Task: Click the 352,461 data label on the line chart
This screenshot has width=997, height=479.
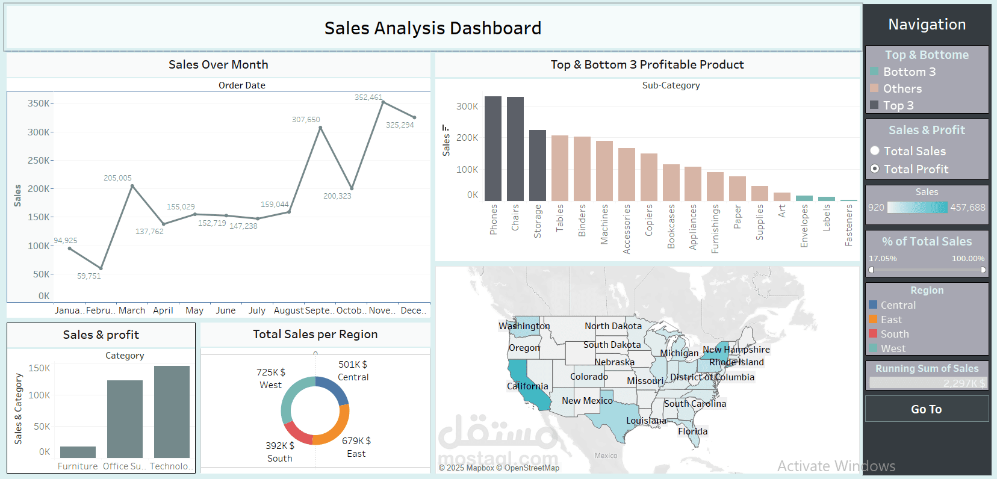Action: point(368,97)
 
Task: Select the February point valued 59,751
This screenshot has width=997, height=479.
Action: point(101,268)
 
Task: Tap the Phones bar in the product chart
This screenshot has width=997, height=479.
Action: point(493,149)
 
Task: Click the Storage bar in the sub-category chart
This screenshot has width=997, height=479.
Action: point(538,165)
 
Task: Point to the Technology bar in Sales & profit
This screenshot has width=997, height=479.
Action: point(172,412)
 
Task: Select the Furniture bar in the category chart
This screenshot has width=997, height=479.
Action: point(78,452)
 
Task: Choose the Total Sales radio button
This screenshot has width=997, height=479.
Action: point(875,151)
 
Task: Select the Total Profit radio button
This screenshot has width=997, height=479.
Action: point(875,169)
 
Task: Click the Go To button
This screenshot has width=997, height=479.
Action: point(927,409)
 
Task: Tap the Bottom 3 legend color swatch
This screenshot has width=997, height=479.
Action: point(874,72)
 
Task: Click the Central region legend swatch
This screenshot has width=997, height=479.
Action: point(873,305)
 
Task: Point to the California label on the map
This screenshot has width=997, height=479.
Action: point(527,386)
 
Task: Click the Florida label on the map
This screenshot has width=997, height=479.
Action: point(692,431)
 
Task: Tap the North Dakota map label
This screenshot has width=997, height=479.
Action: point(613,326)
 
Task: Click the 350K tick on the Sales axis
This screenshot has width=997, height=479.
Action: point(39,104)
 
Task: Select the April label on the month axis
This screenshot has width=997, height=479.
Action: point(163,311)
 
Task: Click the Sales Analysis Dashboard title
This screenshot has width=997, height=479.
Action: point(433,28)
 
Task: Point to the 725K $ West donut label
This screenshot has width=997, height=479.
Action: point(271,372)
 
